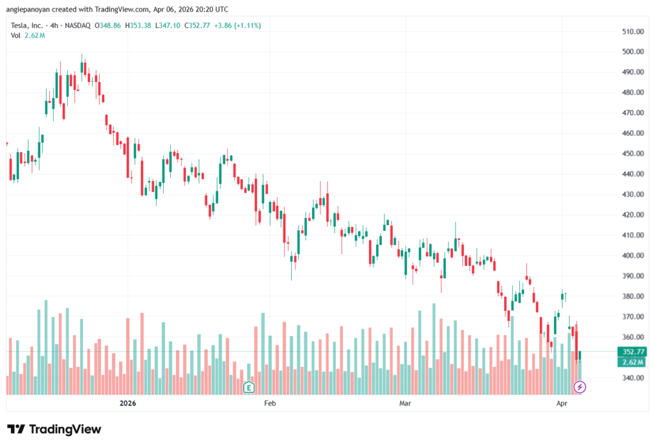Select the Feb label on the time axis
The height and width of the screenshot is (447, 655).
tap(269, 404)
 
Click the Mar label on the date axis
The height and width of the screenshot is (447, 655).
tap(405, 404)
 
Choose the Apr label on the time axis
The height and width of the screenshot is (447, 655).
tap(562, 404)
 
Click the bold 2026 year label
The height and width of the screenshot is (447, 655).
tap(128, 404)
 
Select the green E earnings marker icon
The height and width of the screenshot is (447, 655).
tap(249, 387)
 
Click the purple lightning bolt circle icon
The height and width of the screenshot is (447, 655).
tap(580, 387)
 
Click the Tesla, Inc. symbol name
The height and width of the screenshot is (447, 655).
tap(28, 26)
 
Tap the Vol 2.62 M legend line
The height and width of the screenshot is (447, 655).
tap(28, 35)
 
